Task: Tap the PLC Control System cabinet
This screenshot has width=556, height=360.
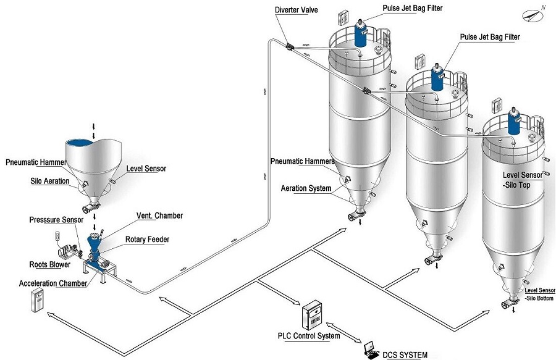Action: pyautogui.click(x=313, y=317)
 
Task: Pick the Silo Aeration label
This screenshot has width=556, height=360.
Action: pyautogui.click(x=50, y=182)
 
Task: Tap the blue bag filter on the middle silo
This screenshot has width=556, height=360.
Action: pyautogui.click(x=438, y=77)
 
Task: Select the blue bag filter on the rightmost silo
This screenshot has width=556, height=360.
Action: pyautogui.click(x=513, y=122)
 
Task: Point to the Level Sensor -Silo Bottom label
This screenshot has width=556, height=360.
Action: pyautogui.click(x=539, y=294)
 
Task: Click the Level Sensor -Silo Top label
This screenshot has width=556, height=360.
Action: pyautogui.click(x=522, y=180)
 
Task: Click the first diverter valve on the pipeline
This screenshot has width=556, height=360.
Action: pyautogui.click(x=290, y=46)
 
